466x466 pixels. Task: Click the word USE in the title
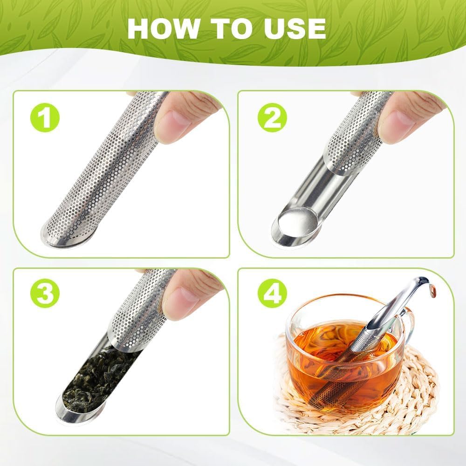click(x=291, y=29)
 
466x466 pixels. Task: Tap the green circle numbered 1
click(x=45, y=119)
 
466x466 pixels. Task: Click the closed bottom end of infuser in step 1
click(x=65, y=235)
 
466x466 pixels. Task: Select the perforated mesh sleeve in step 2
click(x=359, y=135)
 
